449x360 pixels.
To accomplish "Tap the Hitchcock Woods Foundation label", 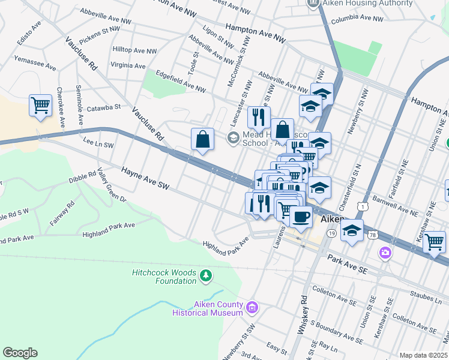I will (163, 277).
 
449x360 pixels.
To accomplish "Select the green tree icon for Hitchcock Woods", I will (206, 275).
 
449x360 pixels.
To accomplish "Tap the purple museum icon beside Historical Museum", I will (252, 308).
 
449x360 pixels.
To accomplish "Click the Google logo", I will (20, 353).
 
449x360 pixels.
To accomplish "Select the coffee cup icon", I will (300, 215).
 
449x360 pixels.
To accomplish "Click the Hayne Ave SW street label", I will (145, 180).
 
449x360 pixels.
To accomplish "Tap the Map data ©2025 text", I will (423, 355).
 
